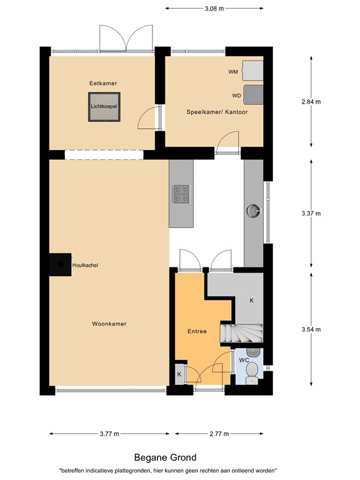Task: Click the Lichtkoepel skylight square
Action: (104, 107)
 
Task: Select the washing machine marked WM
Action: (252, 71)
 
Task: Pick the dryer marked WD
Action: (254, 95)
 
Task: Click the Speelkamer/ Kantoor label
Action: (217, 112)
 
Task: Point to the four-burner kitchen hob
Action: (181, 194)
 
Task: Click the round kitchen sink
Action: (254, 211)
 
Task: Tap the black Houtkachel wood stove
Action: (60, 264)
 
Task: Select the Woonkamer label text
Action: (109, 324)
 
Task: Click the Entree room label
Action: (197, 331)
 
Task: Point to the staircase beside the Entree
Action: (241, 333)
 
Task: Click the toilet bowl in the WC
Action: (252, 371)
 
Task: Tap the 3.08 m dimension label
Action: (214, 9)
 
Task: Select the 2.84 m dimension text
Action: (311, 102)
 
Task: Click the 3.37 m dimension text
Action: (311, 214)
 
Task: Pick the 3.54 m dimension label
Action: (311, 330)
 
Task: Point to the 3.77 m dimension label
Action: (109, 434)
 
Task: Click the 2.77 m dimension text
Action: (219, 434)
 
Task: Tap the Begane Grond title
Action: (165, 457)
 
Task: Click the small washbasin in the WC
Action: (253, 352)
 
